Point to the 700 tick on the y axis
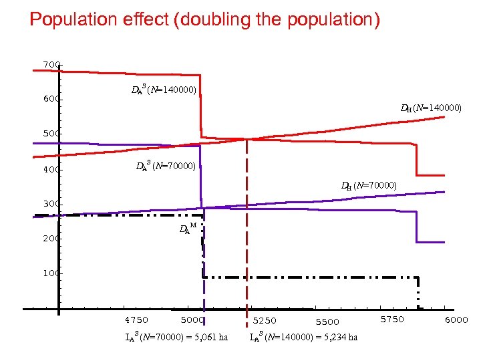[51, 64]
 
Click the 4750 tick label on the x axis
[137, 320]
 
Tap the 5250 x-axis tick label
[264, 321]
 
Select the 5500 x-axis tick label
[327, 322]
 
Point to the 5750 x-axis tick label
[392, 320]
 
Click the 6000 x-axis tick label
[456, 320]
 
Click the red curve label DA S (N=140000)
[164, 90]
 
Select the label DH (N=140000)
[431, 107]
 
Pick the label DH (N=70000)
[369, 185]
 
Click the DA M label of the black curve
[188, 229]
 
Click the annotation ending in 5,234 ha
[303, 336]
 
